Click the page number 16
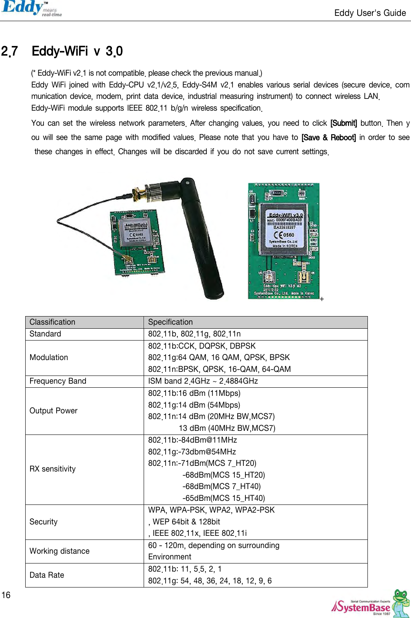pos(6,595)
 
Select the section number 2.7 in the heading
pos(9,51)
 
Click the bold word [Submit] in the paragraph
pos(343,123)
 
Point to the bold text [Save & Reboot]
pos(328,138)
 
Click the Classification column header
pos(52,322)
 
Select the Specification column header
pos(171,322)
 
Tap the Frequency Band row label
pos(58,381)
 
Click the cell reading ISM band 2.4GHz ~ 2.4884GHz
pos(203,381)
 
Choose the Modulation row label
pos(49,357)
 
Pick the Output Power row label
pos(53,411)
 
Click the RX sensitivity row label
pos(52,469)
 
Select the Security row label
pos(44,522)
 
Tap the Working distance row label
pos(59,551)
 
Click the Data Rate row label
pos(47,575)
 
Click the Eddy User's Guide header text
pos(370,13)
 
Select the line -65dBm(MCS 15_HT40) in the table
pos(223,498)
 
